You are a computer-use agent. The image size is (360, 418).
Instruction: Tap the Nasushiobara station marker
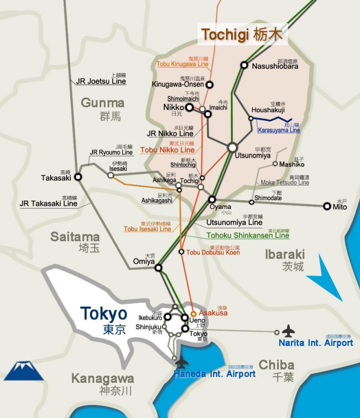244,66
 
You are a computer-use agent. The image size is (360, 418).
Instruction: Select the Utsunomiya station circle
232,147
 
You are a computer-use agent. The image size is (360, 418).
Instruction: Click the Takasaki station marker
78,176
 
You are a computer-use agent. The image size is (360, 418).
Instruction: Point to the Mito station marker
327,206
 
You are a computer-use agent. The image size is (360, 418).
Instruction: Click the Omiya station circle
158,267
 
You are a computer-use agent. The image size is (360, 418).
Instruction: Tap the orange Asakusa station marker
193,313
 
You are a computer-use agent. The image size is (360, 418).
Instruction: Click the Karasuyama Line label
279,130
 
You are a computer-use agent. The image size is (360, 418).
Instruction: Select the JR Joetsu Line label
101,81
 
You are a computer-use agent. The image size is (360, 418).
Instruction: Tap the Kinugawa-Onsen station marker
209,84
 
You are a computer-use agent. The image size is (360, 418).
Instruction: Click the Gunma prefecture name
102,103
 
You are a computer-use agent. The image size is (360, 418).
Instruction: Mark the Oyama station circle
212,199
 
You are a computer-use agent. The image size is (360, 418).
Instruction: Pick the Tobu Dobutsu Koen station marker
181,252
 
